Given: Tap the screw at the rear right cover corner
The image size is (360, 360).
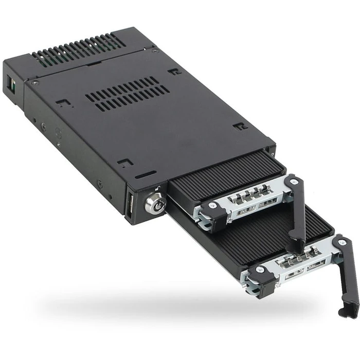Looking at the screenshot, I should click(x=155, y=50).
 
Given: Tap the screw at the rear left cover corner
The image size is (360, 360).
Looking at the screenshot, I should click(x=35, y=82).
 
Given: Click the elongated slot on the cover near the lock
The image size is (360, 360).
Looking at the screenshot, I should click(x=146, y=174).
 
